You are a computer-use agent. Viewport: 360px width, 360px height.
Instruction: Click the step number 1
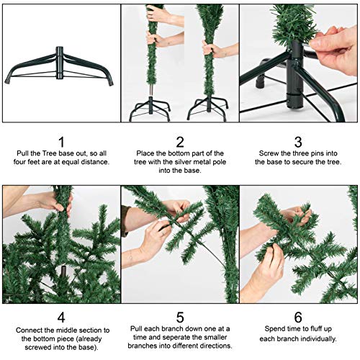61,142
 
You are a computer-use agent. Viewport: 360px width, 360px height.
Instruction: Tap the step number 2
180,142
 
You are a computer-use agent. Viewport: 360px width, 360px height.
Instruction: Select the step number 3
299,142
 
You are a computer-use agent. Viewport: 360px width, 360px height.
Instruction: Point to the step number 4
61,318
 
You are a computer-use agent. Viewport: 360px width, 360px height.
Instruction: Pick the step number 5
180,318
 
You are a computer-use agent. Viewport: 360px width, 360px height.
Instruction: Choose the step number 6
299,318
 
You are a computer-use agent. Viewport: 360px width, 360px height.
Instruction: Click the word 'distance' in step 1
95,162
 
